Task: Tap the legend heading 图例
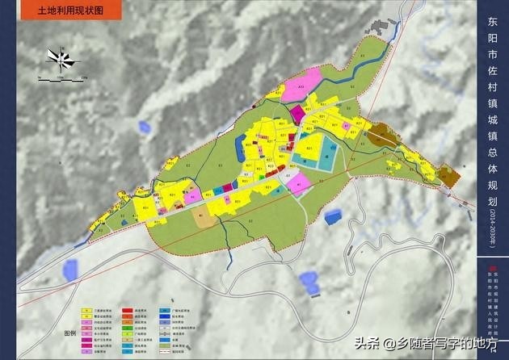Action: click(x=70, y=332)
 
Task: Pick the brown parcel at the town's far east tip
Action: click(x=447, y=175)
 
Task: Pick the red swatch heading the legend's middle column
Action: click(x=128, y=309)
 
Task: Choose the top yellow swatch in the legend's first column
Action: click(x=84, y=309)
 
